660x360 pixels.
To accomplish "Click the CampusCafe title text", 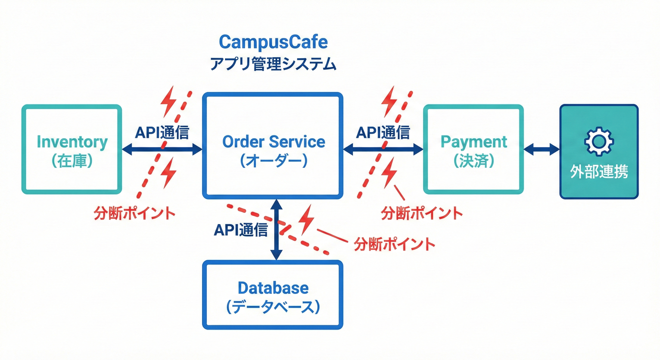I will point(273,42).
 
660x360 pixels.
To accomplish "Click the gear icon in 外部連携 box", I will point(599,141).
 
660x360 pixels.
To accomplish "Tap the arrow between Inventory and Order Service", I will point(141,150).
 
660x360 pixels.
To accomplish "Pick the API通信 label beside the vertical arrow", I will point(241,230).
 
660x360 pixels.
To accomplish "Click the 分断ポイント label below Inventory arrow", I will point(135,213).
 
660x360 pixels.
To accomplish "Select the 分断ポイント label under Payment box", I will point(422,213).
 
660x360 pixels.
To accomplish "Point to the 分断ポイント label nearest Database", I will point(395,244).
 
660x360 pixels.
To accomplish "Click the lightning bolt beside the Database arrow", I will point(307,219).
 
